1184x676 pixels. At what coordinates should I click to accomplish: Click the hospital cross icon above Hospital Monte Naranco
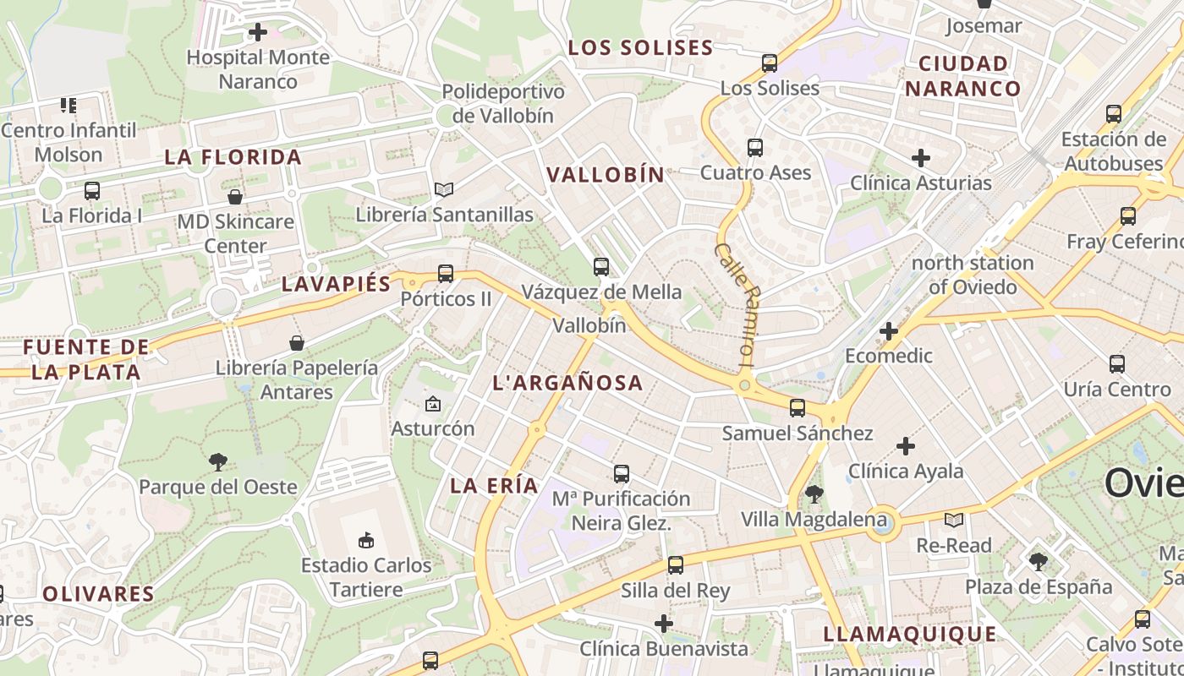tap(258, 32)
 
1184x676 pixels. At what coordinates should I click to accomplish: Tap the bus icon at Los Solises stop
tap(770, 63)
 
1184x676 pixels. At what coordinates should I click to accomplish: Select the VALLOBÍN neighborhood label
tap(606, 175)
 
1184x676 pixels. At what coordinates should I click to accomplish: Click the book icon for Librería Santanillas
tap(444, 189)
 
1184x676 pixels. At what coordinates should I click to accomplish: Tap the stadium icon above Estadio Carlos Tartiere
tap(366, 540)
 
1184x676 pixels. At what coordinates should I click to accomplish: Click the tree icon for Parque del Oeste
tap(218, 461)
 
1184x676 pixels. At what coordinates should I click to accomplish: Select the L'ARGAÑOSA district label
tap(567, 383)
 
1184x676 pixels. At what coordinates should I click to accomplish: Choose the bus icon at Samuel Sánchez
tap(798, 408)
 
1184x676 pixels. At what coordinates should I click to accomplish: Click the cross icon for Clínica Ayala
tap(906, 445)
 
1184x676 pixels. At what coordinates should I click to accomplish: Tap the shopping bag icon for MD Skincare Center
tap(235, 197)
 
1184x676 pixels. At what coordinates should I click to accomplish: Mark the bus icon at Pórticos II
tap(446, 274)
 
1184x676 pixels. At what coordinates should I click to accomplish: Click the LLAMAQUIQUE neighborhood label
tap(910, 634)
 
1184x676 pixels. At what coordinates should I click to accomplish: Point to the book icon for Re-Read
tap(954, 520)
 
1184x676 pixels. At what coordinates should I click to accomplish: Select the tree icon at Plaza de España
tap(1039, 561)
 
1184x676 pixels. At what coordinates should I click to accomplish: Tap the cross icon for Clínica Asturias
tap(921, 157)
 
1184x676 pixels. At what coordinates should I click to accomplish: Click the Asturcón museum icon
tap(433, 404)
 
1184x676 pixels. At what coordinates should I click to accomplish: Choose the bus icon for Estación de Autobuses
tap(1114, 113)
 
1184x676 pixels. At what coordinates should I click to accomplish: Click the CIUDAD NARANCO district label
tap(962, 75)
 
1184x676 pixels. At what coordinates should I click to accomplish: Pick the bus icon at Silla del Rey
tap(676, 565)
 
